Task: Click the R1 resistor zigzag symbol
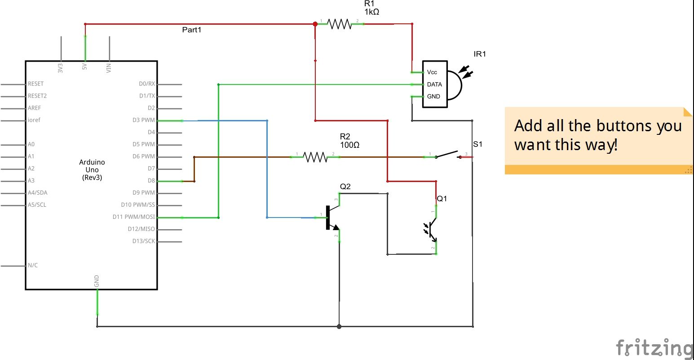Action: click(x=339, y=24)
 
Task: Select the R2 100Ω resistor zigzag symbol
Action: click(x=315, y=157)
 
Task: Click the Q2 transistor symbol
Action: click(x=332, y=218)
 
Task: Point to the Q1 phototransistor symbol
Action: click(x=431, y=230)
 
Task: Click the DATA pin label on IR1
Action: click(x=434, y=84)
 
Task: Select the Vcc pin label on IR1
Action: click(x=432, y=72)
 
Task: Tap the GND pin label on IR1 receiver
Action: click(x=433, y=97)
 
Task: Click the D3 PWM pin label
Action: click(x=143, y=120)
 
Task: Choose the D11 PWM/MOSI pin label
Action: click(x=133, y=217)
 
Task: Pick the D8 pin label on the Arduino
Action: click(x=151, y=181)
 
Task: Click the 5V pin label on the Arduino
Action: click(x=84, y=67)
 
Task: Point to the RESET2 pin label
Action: click(x=37, y=96)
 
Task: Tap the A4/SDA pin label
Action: click(x=37, y=193)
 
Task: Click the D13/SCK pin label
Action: click(x=143, y=241)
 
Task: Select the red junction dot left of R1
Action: click(x=315, y=24)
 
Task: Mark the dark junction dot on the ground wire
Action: click(x=339, y=326)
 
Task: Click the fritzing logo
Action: click(x=654, y=348)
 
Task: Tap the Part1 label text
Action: click(x=192, y=30)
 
